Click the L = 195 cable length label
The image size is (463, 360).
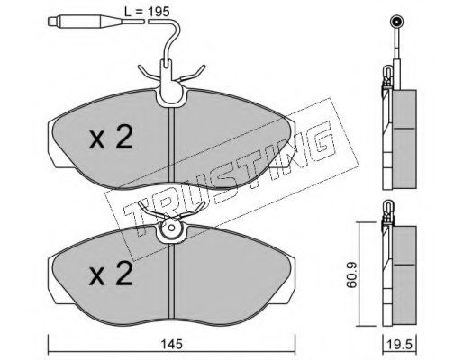coord(147,12)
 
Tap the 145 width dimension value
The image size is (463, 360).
coord(171,344)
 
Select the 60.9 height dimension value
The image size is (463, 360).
coord(351,274)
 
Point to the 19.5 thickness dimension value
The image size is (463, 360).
coord(400,345)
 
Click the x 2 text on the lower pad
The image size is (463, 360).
coord(111,273)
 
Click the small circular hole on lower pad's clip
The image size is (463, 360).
coord(171,228)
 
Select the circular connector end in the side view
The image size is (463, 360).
coord(396,22)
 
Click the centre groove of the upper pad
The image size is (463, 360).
coord(171,145)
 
